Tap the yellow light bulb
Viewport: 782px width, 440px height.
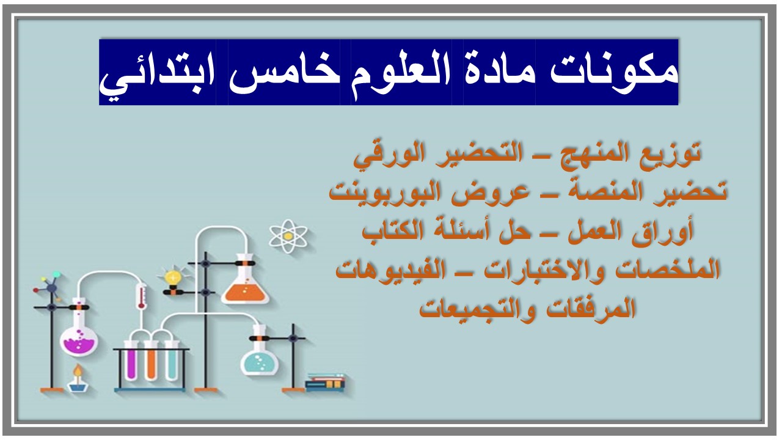coord(174,277)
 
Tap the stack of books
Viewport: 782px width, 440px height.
coord(325,382)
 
